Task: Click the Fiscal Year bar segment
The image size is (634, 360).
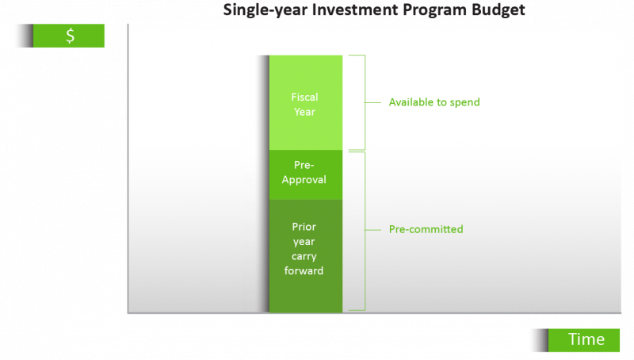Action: [305, 103]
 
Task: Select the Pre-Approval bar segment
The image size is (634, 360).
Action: [305, 174]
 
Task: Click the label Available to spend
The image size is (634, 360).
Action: [434, 102]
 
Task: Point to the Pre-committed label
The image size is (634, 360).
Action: [426, 229]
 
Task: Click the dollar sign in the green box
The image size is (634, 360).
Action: [70, 36]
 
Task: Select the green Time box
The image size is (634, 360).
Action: [586, 339]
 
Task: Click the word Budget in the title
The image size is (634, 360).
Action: [498, 10]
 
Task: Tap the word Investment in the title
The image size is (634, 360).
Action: [338, 10]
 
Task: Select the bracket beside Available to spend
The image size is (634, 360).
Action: [361, 102]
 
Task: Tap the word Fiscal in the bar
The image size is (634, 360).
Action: [305, 97]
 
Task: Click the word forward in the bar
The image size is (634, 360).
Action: [305, 270]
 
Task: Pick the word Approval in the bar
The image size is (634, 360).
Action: [305, 180]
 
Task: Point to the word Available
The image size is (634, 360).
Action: [410, 102]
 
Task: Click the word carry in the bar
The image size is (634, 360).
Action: [305, 256]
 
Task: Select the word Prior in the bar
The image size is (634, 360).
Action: [305, 228]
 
